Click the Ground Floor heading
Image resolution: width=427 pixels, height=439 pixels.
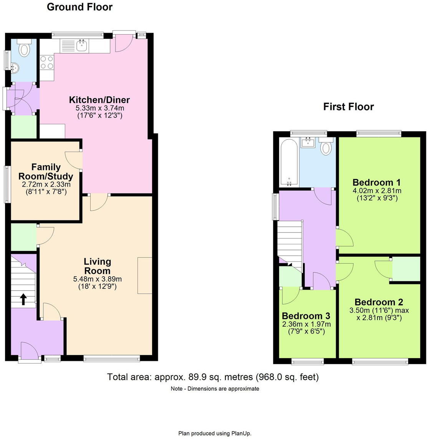[x=79, y=7]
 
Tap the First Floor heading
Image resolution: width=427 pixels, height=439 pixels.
[x=348, y=107]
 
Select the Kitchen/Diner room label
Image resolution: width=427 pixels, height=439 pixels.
[x=99, y=100]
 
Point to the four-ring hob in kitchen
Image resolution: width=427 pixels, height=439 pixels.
[x=46, y=62]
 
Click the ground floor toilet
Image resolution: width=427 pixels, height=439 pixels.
[x=25, y=49]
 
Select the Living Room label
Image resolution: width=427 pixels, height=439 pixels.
[x=98, y=266]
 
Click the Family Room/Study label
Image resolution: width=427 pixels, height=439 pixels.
[x=46, y=172]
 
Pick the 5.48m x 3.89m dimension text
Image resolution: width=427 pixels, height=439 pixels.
[x=98, y=279]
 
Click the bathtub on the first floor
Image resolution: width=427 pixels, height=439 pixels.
[x=289, y=162]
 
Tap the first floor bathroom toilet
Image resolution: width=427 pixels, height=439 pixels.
[x=326, y=148]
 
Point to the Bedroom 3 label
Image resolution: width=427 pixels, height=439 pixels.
[x=306, y=316]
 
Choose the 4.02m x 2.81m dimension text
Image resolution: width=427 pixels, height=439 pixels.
[x=377, y=191]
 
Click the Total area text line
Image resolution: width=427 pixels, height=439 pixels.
[x=213, y=377]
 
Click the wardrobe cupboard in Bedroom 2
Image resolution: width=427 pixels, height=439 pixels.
[x=405, y=269]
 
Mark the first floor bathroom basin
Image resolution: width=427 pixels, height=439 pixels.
[x=308, y=143]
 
